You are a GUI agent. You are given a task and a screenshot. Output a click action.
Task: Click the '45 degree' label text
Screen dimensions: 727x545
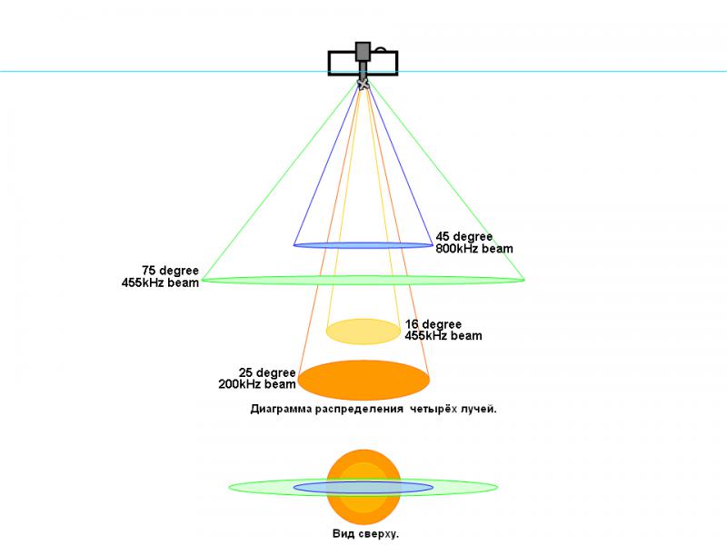463,237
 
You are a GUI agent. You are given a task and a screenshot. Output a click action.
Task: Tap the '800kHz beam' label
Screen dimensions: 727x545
473,249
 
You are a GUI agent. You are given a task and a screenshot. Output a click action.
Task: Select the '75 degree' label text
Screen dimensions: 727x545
170,271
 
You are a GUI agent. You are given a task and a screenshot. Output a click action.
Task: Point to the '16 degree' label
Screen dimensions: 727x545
433,324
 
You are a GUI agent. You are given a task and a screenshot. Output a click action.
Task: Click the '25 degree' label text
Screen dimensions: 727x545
267,372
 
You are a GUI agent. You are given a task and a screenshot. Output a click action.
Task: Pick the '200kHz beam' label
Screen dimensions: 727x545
257,384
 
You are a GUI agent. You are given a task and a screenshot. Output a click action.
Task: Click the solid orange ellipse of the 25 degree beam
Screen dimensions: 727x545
363,380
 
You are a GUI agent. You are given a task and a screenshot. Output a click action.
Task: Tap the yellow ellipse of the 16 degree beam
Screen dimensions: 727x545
363,332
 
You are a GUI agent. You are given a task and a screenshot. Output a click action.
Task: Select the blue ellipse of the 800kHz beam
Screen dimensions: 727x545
363,245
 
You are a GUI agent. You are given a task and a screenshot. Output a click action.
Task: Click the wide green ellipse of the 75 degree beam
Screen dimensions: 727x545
363,280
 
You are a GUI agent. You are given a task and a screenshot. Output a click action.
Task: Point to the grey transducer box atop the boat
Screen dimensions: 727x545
363,52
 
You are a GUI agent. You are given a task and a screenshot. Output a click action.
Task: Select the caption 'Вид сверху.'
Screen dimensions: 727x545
365,534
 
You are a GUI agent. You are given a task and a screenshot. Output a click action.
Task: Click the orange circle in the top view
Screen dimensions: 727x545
363,487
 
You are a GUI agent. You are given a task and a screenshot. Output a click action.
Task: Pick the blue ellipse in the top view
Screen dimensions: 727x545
363,487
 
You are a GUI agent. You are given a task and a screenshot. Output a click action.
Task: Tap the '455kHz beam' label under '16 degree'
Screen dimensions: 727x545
443,336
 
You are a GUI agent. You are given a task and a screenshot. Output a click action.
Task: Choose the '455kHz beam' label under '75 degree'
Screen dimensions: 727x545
160,282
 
